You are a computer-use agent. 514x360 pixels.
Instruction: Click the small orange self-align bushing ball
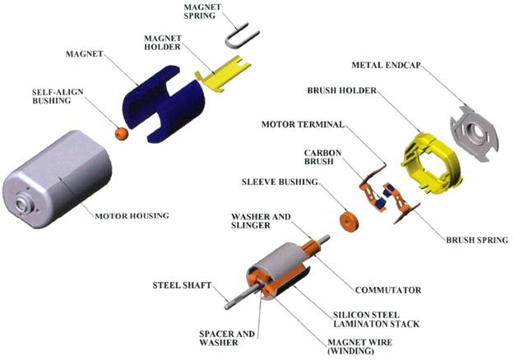click(x=121, y=132)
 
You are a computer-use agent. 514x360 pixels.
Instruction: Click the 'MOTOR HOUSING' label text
click(x=131, y=216)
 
